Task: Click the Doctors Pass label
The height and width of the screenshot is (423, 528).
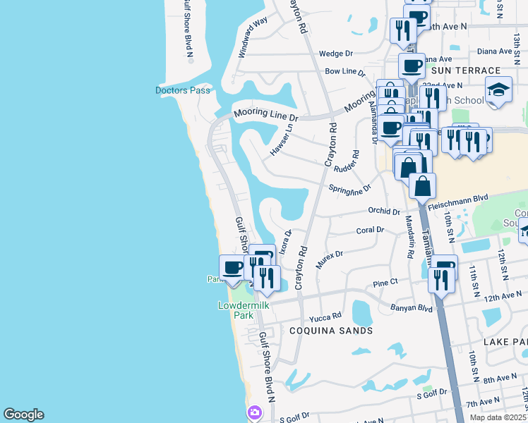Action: click(183, 90)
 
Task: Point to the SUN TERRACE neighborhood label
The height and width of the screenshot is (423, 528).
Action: click(472, 71)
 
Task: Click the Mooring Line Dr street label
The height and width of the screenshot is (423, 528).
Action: click(266, 113)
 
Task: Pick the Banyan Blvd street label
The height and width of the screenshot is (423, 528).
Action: click(411, 307)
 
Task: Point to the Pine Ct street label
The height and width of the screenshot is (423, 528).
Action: click(385, 283)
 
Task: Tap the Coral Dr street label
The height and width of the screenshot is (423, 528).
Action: click(370, 230)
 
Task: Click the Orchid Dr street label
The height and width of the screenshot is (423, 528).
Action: click(384, 211)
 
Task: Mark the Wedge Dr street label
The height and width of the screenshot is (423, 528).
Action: click(335, 54)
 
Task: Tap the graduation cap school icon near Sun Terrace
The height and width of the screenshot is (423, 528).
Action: click(498, 90)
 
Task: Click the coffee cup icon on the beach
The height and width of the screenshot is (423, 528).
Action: click(232, 267)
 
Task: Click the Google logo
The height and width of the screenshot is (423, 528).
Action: click(23, 415)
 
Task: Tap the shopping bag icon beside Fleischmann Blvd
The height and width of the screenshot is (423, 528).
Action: click(422, 186)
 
